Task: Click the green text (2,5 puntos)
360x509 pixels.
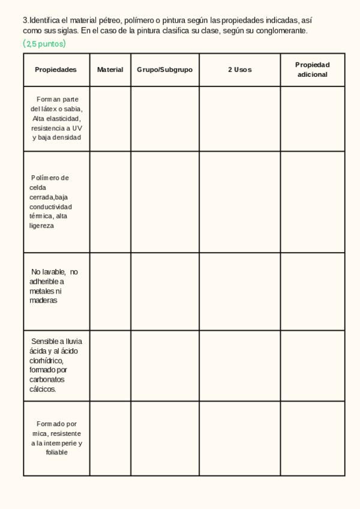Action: pyautogui.click(x=44, y=44)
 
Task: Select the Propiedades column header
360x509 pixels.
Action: pyautogui.click(x=56, y=70)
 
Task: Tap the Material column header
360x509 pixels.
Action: pyautogui.click(x=110, y=70)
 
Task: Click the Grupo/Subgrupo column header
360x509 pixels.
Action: pyautogui.click(x=164, y=70)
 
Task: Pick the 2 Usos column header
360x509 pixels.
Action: pyautogui.click(x=239, y=70)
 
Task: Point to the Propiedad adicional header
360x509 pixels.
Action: pyautogui.click(x=312, y=70)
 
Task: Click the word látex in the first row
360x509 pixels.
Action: pyautogui.click(x=51, y=109)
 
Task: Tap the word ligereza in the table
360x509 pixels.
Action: pyautogui.click(x=41, y=226)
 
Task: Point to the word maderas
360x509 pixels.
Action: pyautogui.click(x=43, y=301)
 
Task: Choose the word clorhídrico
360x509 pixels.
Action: pyautogui.click(x=46, y=361)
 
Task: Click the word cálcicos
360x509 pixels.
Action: pyautogui.click(x=43, y=390)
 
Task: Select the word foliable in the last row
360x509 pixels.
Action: pyautogui.click(x=56, y=453)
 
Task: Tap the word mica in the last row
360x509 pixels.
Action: pyautogui.click(x=40, y=433)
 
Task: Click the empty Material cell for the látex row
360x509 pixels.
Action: pyautogui.click(x=110, y=119)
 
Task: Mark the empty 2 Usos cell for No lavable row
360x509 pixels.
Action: pyautogui.click(x=239, y=291)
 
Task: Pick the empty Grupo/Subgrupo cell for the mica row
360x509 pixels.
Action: pyautogui.click(x=164, y=438)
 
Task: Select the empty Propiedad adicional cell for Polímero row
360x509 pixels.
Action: pyautogui.click(x=312, y=202)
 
